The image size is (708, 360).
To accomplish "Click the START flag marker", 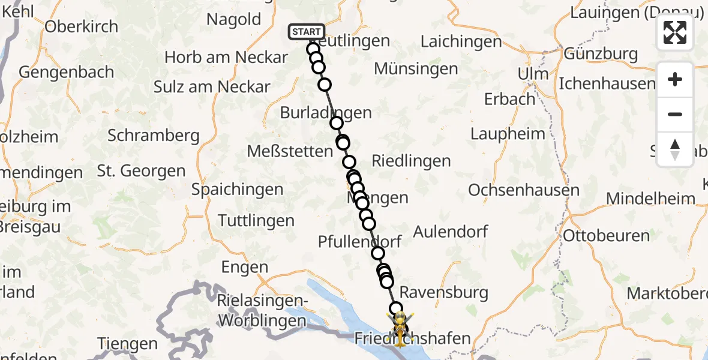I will click(307, 31).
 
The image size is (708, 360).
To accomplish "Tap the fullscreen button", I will click(675, 32).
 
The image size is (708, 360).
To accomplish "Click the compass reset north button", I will click(675, 149).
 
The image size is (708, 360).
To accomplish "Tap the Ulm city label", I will click(533, 74).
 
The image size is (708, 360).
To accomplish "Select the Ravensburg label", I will click(443, 293).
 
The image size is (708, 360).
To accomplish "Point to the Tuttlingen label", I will click(256, 221).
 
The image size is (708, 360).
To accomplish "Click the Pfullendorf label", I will click(359, 241).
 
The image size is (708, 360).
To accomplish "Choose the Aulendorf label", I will click(451, 231).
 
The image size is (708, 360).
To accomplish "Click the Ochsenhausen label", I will click(523, 190).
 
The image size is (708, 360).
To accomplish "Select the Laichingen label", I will click(461, 41).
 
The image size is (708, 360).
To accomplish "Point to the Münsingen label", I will click(416, 68).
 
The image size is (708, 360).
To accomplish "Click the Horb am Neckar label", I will click(226, 58).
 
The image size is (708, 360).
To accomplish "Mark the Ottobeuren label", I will click(606, 236).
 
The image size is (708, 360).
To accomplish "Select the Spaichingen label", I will click(237, 190).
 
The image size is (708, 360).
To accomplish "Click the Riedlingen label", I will click(411, 161).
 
